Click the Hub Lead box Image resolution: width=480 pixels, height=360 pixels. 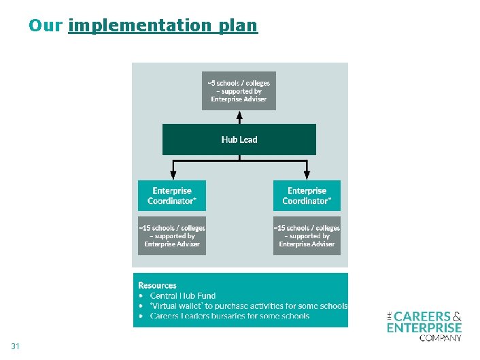239,140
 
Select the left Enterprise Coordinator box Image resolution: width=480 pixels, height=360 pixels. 172,195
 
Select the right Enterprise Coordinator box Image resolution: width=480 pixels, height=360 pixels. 307,195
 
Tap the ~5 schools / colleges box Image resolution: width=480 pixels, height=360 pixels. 239,91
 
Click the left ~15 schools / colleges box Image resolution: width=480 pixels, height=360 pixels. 172,235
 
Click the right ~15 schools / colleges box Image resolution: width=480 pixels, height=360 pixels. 307,235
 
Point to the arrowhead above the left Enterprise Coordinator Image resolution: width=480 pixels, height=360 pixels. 173,174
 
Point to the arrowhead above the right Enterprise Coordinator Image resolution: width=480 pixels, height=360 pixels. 306,174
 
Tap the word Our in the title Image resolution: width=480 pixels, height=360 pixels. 46,26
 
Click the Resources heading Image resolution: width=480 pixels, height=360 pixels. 157,285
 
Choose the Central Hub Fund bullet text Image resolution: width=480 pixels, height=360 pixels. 183,295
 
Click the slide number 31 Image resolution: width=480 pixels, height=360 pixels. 16,346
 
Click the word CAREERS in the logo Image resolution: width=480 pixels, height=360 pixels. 422,316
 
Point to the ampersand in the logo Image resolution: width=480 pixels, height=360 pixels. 457,316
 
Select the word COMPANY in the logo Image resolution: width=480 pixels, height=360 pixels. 441,337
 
